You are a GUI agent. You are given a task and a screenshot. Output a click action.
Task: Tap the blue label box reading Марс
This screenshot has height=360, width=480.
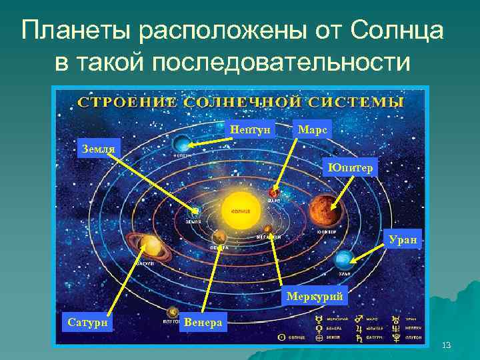312,130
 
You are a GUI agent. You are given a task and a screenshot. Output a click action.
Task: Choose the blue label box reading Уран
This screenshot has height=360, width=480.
404,239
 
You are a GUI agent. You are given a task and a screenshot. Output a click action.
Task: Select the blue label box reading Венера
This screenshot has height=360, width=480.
205,323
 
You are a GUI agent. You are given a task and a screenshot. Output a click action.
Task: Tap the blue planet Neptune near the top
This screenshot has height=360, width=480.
181,143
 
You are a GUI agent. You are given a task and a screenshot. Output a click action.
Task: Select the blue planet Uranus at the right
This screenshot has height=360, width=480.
345,259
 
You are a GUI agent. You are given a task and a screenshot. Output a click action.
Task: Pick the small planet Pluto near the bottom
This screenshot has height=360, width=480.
171,311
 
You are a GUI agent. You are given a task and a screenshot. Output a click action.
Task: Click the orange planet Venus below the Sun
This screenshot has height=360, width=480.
219,236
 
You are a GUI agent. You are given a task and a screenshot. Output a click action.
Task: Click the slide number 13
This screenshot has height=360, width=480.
446,344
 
